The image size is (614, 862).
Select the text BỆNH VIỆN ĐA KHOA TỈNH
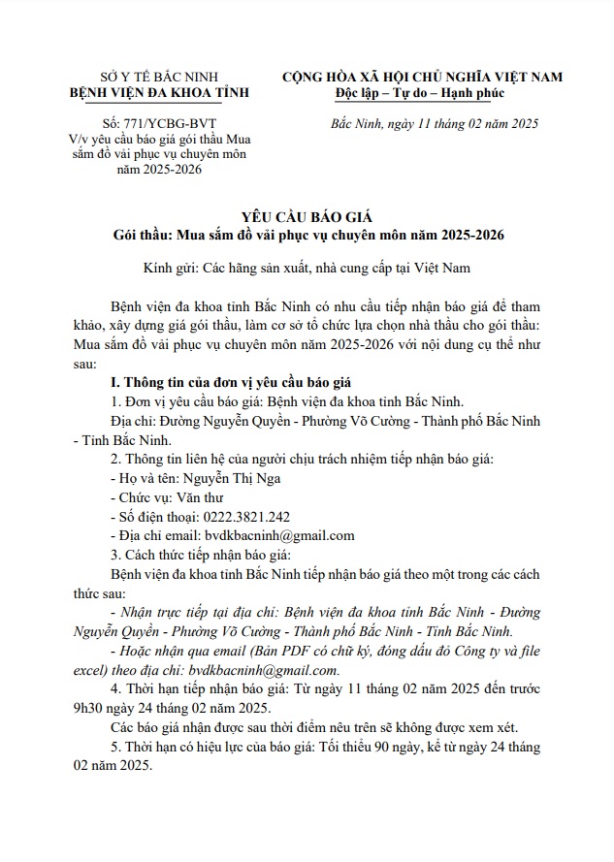(x=160, y=93)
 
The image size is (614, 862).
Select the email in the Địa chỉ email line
(x=279, y=535)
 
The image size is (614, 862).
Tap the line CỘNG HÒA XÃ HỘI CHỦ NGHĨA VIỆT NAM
(x=422, y=77)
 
